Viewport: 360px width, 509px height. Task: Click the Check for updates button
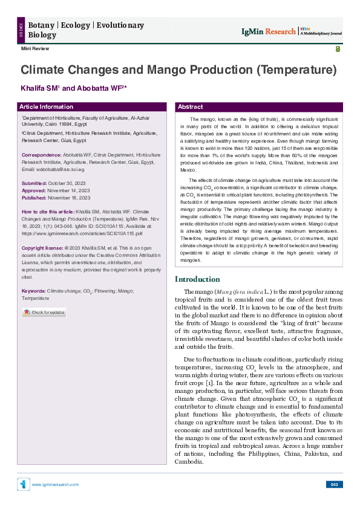pyautogui.click(x=44, y=313)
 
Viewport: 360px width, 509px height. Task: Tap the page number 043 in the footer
pyautogui.click(x=335, y=484)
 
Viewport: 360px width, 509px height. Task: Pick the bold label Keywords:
pyautogui.click(x=33, y=291)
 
